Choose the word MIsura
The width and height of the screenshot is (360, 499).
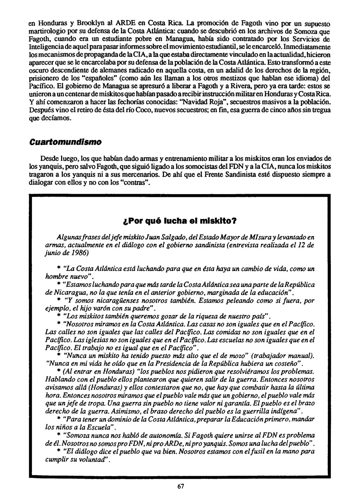[x=250, y=237]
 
